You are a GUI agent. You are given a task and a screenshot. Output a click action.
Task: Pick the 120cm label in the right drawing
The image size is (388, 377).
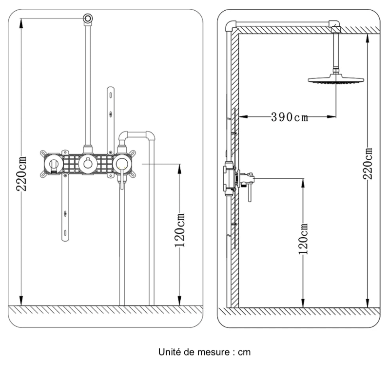coord(304,240)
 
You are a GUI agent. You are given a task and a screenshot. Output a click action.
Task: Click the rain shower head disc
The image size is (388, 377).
coord(336,79)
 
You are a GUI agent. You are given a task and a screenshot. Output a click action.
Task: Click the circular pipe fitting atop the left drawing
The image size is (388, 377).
coord(87,18)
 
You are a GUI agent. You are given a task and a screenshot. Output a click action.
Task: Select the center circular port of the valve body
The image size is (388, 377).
coord(87,164)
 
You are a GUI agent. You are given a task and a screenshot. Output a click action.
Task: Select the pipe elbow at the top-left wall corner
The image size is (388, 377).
coord(231,25)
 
